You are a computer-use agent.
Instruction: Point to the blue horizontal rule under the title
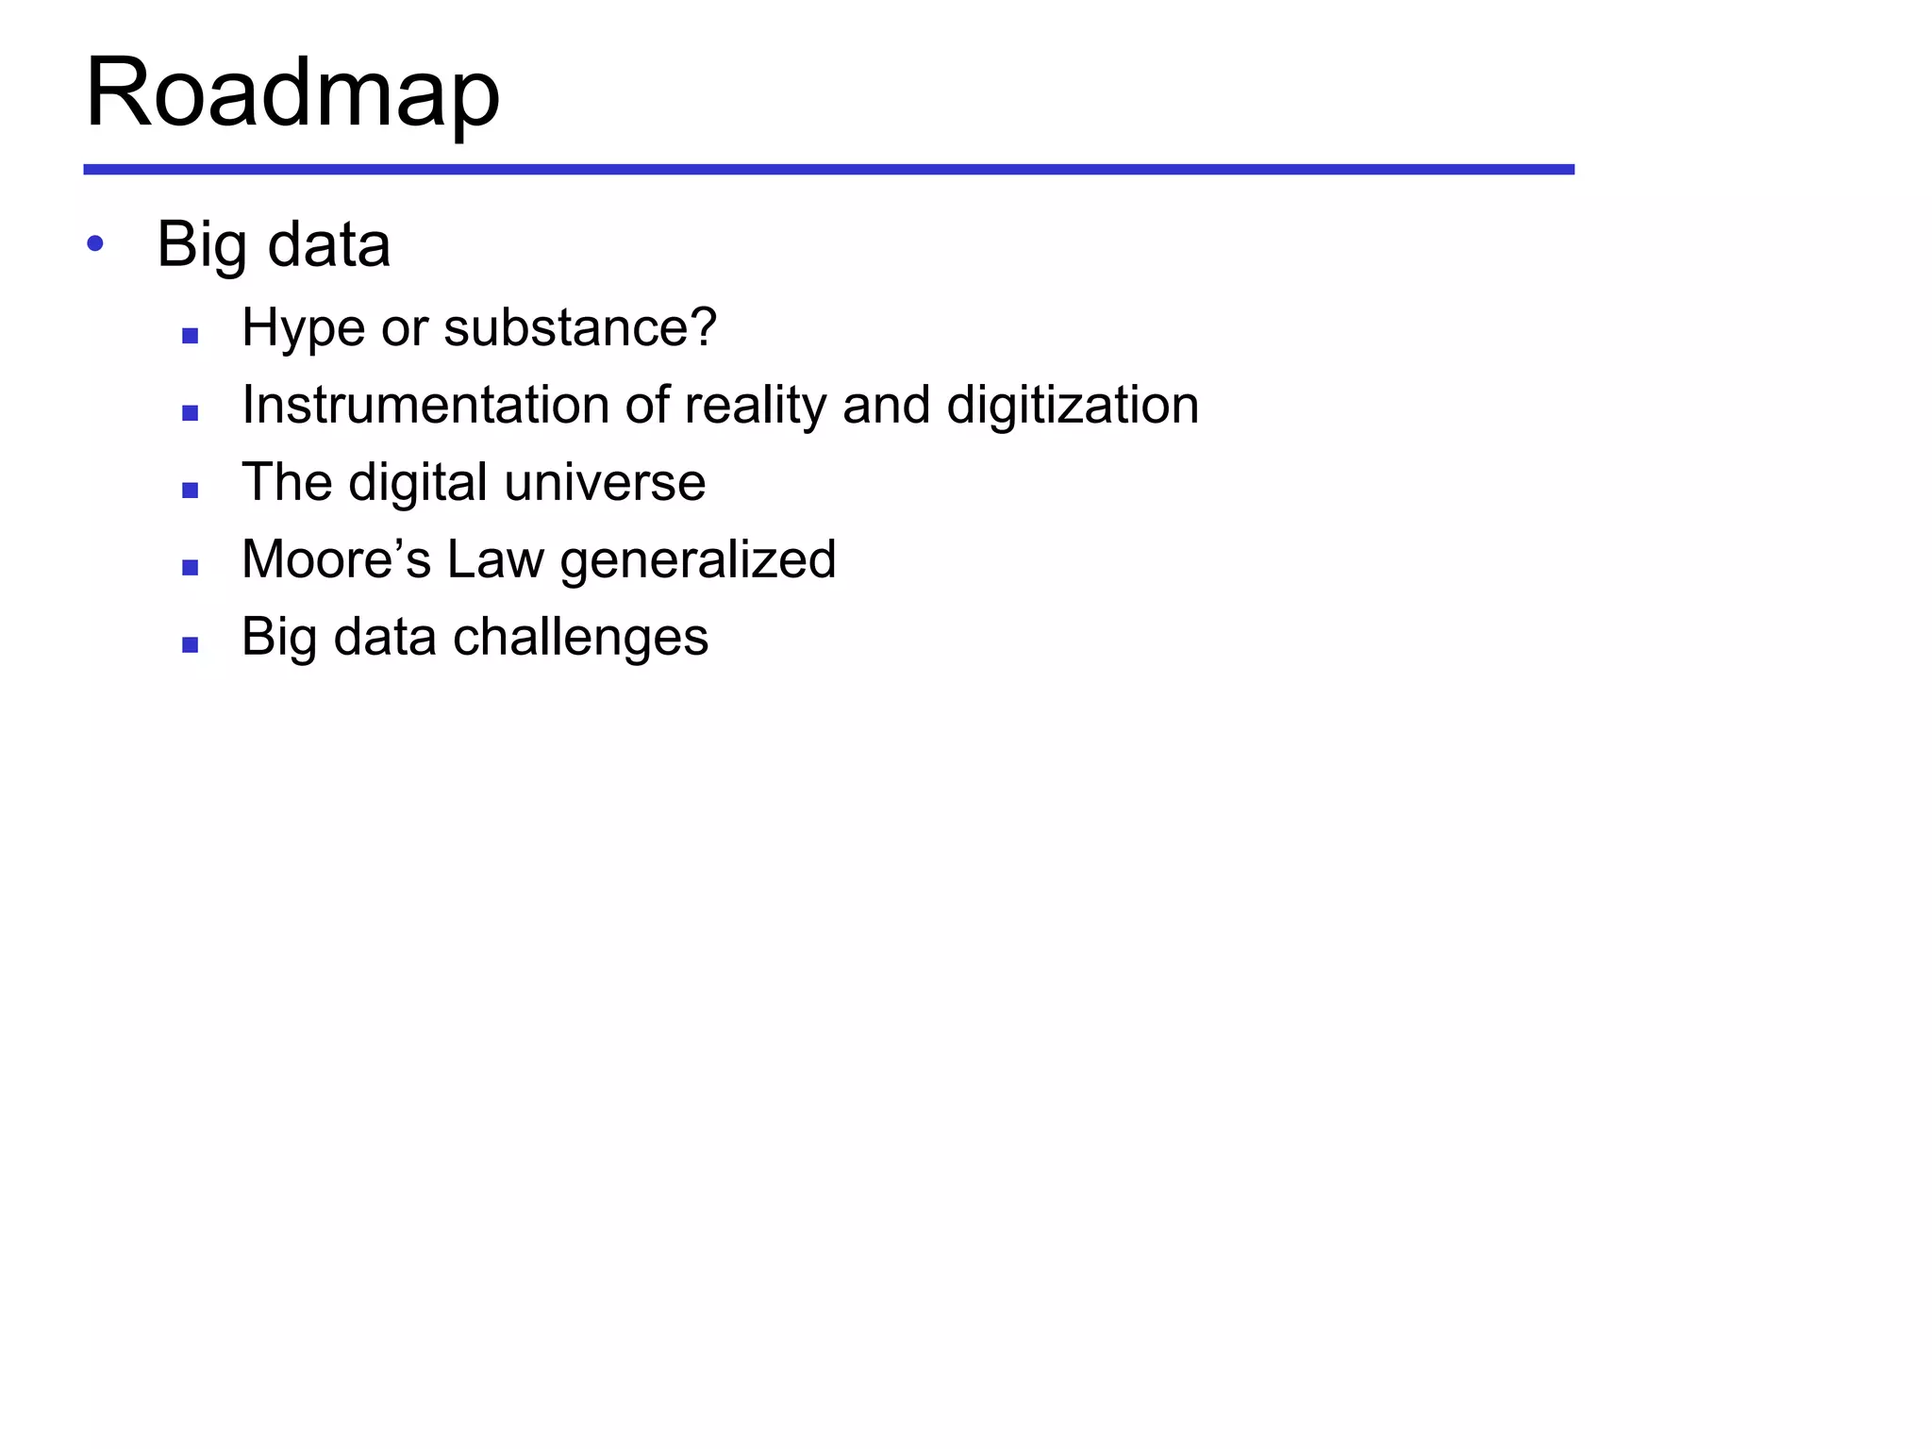(x=828, y=170)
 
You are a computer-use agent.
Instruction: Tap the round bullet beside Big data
(x=94, y=244)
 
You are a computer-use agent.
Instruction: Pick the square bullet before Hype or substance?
(x=190, y=336)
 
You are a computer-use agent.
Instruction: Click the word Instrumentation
(x=425, y=406)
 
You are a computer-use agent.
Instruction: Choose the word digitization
(x=1073, y=407)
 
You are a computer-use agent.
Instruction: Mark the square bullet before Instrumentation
(x=190, y=413)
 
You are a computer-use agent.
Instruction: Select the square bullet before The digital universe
(x=190, y=491)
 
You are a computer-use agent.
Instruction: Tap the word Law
(x=495, y=559)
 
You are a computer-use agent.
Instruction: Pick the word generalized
(x=698, y=561)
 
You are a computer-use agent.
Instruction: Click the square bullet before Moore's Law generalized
(x=190, y=568)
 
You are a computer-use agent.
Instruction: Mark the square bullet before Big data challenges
(x=190, y=645)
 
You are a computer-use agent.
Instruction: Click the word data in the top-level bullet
(x=329, y=245)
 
